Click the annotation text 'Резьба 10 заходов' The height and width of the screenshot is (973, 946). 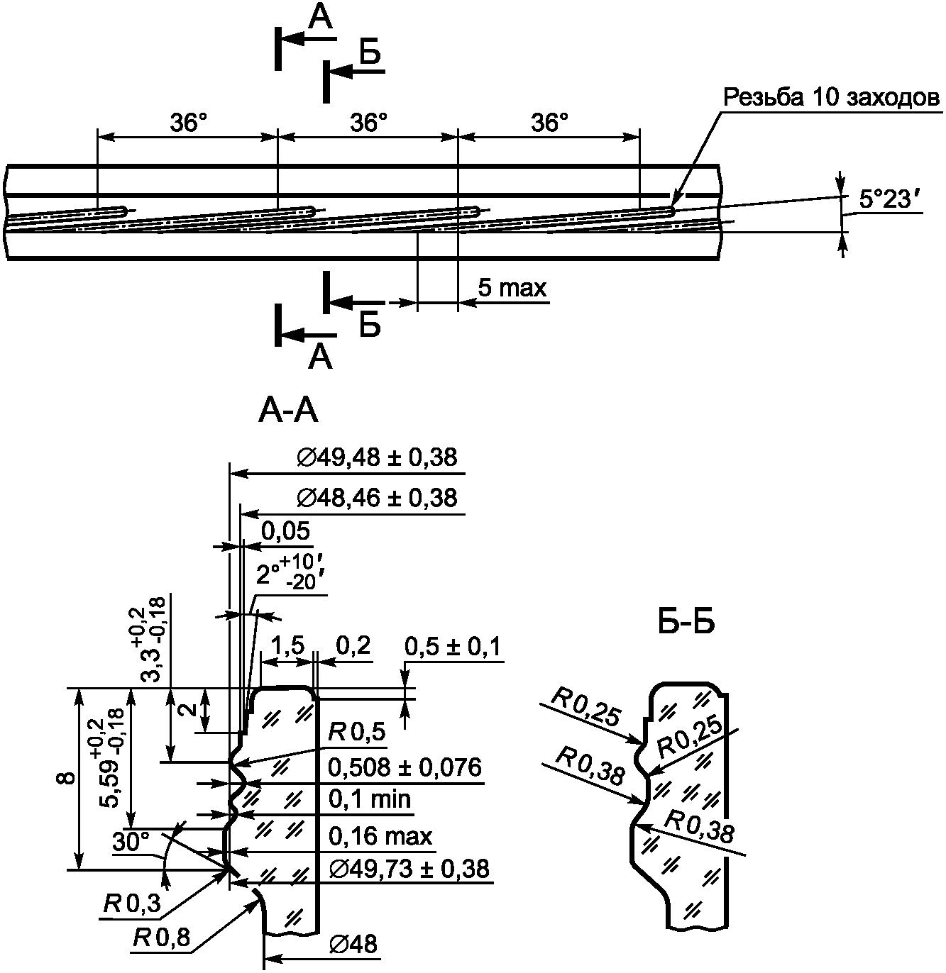pyautogui.click(x=831, y=97)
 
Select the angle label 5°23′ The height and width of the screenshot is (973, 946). pyautogui.click(x=884, y=199)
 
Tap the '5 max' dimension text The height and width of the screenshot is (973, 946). pyautogui.click(x=512, y=288)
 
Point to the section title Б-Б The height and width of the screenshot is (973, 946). pyautogui.click(x=686, y=623)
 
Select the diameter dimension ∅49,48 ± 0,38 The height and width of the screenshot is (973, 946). pyautogui.click(x=377, y=457)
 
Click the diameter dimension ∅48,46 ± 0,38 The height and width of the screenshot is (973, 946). pyautogui.click(x=377, y=499)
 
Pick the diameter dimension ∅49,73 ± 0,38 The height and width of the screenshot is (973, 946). pyautogui.click(x=409, y=869)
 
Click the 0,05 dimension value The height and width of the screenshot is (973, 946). pyautogui.click(x=286, y=531)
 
